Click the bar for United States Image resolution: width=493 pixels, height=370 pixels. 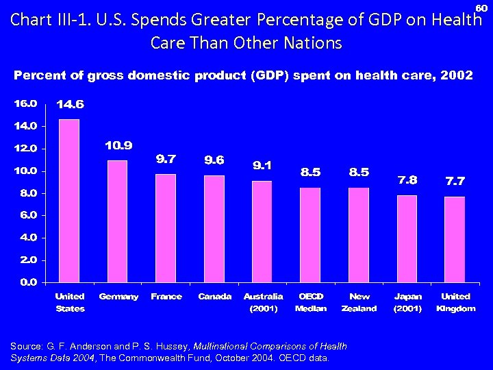(70, 201)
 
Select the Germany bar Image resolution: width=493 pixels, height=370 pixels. (118, 221)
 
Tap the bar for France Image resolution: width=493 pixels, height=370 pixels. (166, 228)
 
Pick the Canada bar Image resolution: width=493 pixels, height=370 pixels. (214, 229)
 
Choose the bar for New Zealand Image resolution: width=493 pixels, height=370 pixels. (359, 235)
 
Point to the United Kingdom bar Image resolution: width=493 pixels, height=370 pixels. (455, 239)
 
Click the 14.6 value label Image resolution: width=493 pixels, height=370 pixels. (71, 105)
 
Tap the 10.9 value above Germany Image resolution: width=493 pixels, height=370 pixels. (118, 145)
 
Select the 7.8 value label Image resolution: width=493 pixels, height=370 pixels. (407, 180)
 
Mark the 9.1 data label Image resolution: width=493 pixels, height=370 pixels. (262, 165)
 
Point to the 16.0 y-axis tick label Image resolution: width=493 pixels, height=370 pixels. (24, 103)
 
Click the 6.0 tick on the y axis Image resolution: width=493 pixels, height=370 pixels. (26, 215)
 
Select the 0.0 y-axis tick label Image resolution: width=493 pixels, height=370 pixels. (26, 282)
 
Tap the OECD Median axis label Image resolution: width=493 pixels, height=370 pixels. (311, 302)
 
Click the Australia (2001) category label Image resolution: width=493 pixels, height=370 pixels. (263, 302)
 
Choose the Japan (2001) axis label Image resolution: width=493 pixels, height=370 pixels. (407, 302)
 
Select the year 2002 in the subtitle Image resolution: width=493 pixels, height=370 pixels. (457, 75)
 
